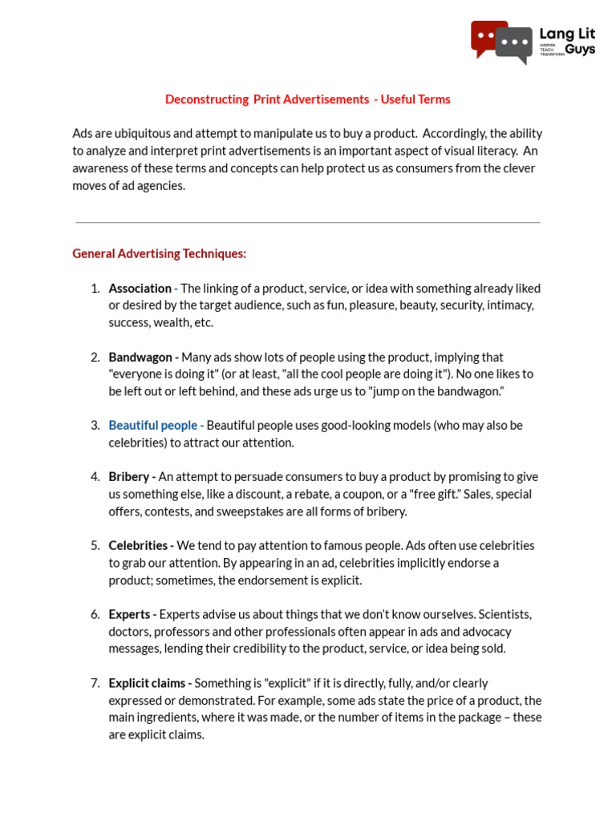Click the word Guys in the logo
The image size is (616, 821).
(x=580, y=49)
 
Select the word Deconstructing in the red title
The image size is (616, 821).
(x=207, y=99)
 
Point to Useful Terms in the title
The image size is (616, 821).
(x=415, y=99)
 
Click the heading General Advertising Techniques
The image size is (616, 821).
(x=159, y=253)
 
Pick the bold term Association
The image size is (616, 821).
(x=140, y=288)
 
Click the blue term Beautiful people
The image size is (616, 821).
(x=152, y=425)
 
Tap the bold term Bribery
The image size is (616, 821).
(x=129, y=476)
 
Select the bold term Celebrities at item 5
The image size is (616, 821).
(x=138, y=545)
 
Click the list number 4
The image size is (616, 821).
(x=95, y=476)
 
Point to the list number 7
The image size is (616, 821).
(x=95, y=683)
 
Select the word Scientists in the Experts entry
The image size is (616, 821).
(x=505, y=614)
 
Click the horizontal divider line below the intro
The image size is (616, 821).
(x=308, y=222)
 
